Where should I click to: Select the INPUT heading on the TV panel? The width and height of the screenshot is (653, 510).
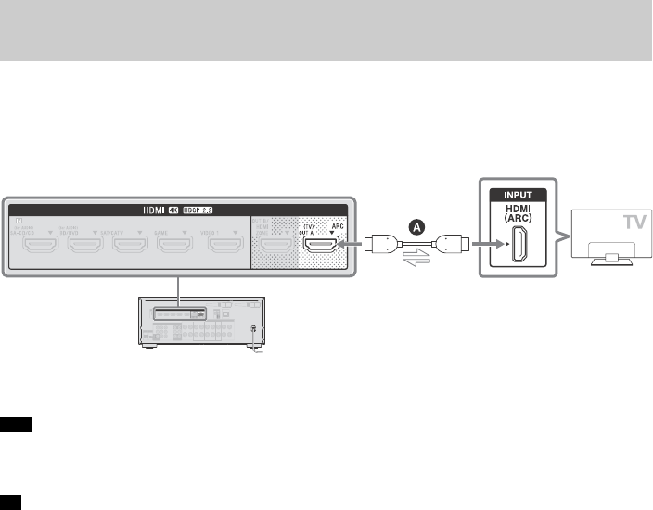tap(519, 195)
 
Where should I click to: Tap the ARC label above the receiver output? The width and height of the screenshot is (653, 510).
tap(339, 225)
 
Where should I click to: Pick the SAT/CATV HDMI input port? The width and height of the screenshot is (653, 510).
tap(131, 245)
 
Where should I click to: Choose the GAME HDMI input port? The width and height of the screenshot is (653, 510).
tap(174, 245)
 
